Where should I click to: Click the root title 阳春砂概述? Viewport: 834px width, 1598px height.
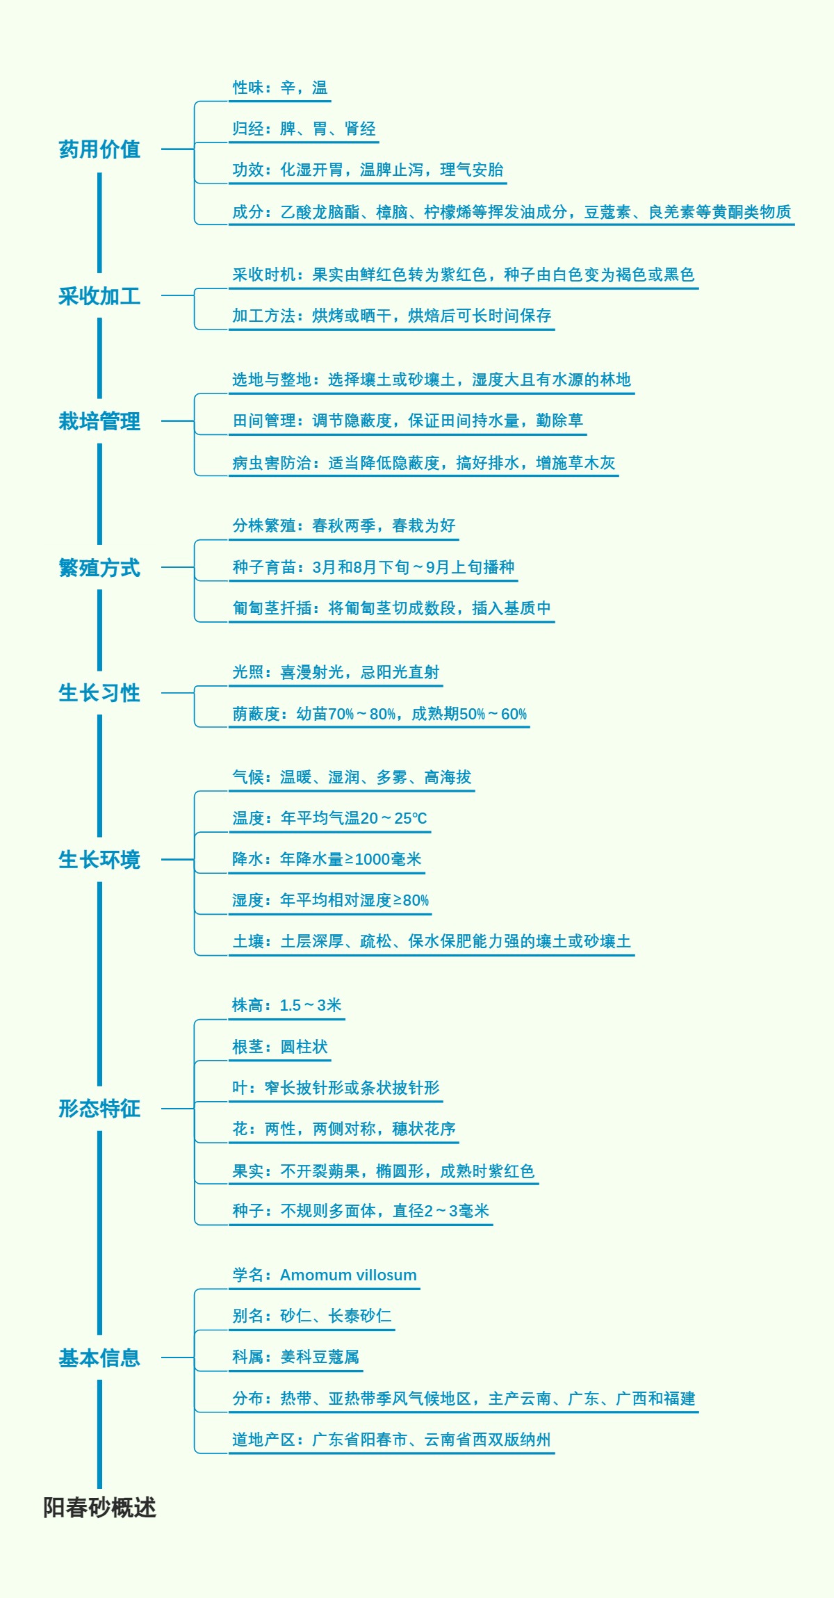point(99,1507)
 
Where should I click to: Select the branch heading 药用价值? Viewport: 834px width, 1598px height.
point(99,149)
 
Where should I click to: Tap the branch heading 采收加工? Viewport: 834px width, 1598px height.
point(99,296)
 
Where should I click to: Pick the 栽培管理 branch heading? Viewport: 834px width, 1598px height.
point(99,421)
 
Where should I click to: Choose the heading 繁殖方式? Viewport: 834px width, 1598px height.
point(99,568)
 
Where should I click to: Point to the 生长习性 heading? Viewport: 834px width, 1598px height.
point(99,693)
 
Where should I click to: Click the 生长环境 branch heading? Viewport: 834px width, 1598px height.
point(99,860)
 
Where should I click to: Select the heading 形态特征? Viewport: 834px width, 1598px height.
point(99,1109)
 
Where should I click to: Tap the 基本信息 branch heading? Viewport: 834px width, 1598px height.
point(99,1358)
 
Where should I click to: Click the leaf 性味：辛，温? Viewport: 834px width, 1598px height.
point(279,88)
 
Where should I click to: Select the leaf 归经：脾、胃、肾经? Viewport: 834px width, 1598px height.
point(304,129)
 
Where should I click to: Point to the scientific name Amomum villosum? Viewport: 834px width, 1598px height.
point(348,1275)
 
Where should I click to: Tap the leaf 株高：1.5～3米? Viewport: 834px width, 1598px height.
point(286,1005)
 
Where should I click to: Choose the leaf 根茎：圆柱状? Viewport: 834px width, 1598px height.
point(279,1047)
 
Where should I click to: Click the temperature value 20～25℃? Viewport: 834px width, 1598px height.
point(393,818)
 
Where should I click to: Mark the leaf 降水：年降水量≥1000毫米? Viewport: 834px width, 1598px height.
point(327,859)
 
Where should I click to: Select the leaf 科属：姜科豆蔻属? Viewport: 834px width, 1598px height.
point(295,1357)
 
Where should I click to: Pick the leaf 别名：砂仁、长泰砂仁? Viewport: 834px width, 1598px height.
point(311,1316)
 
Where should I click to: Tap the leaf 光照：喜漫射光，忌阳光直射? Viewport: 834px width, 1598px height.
point(336,672)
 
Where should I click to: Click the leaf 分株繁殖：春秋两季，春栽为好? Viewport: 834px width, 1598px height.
point(343,525)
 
